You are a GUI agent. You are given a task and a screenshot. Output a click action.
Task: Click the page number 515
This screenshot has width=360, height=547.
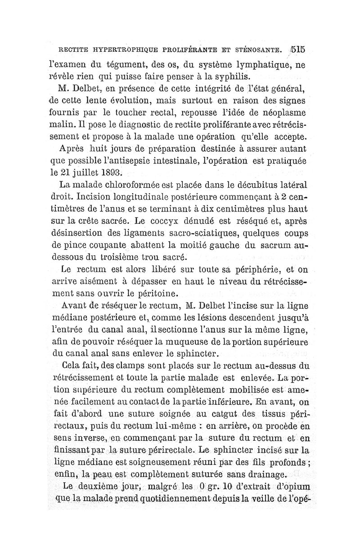coord(298,48)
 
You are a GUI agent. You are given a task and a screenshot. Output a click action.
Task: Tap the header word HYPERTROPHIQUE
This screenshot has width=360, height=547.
coord(113,49)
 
